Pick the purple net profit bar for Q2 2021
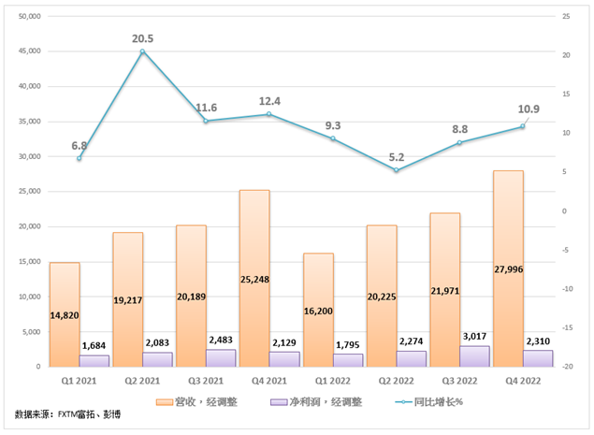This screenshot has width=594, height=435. pyautogui.click(x=158, y=359)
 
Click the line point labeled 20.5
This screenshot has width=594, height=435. pyautogui.click(x=142, y=51)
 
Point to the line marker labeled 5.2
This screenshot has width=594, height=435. pyautogui.click(x=397, y=170)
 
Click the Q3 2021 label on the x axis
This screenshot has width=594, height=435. pyautogui.click(x=206, y=382)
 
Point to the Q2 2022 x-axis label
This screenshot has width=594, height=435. pyautogui.click(x=396, y=382)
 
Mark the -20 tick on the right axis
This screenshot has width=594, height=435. pyautogui.click(x=567, y=367)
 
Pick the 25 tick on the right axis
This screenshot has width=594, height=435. pyautogui.click(x=566, y=16)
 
